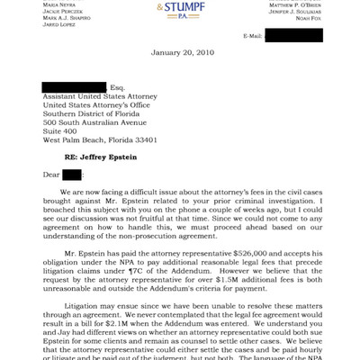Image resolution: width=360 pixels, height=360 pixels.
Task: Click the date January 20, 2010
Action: point(179,53)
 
